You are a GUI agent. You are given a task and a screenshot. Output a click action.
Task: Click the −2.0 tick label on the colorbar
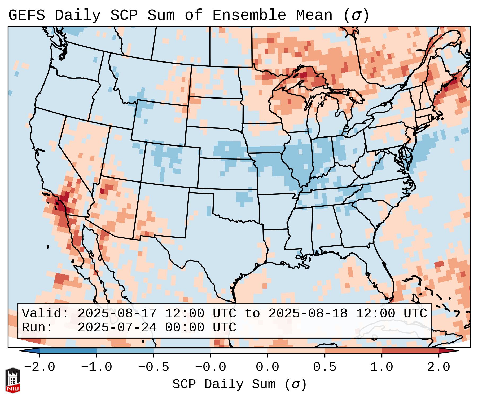pyautogui.click(x=40, y=367)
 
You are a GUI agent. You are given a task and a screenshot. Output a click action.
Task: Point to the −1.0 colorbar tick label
pyautogui.click(x=97, y=367)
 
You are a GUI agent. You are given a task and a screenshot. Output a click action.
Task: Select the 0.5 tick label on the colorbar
pyautogui.click(x=324, y=367)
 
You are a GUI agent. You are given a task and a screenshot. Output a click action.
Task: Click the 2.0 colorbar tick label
pyautogui.click(x=438, y=367)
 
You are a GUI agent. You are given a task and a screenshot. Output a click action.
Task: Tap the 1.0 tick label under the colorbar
pyautogui.click(x=381, y=367)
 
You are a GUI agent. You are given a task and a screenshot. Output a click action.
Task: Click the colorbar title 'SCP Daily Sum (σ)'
pyautogui.click(x=239, y=384)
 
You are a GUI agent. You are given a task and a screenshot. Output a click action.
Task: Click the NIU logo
pyautogui.click(x=13, y=380)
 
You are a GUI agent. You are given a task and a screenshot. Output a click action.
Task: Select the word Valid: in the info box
pyautogui.click(x=45, y=313)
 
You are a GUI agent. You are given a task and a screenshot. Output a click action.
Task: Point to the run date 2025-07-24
pyautogui.click(x=117, y=327)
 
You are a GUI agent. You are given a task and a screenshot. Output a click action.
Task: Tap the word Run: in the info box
pyautogui.click(x=37, y=327)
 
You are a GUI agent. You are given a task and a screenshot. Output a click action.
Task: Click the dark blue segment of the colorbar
pyautogui.click(x=68, y=351)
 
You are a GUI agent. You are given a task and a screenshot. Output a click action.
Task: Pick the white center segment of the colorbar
pyautogui.click(x=239, y=351)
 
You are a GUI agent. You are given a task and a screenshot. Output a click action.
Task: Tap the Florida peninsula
pyautogui.click(x=383, y=276)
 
